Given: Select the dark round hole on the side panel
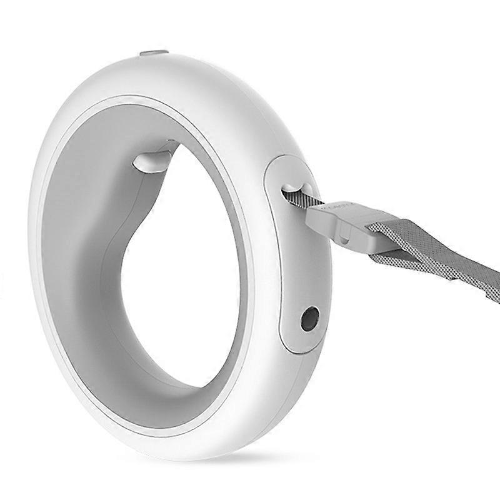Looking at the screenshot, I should [x=309, y=319].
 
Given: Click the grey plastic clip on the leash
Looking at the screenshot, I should [x=341, y=222].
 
